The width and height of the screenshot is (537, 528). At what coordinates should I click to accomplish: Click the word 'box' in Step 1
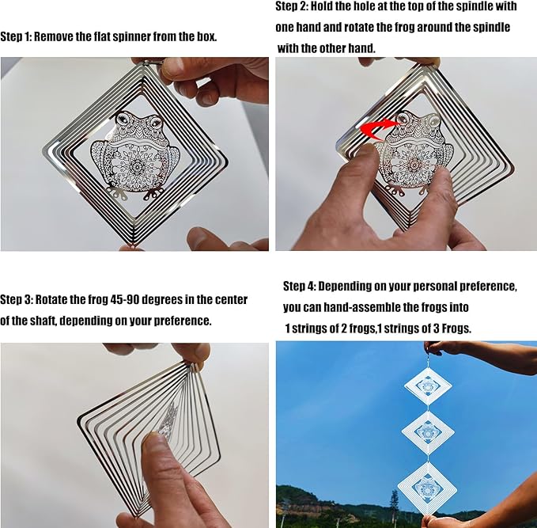(x=206, y=36)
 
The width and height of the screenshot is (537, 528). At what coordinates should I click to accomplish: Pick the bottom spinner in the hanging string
(x=427, y=487)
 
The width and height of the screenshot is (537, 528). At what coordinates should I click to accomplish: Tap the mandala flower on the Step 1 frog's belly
(x=137, y=167)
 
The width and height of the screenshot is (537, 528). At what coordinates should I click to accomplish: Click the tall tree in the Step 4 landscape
(x=395, y=503)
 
